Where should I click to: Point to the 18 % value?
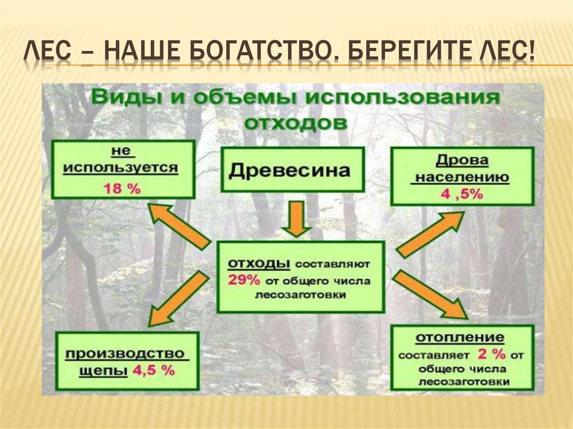(122, 188)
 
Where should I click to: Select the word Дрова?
(462, 161)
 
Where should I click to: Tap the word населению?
(462, 178)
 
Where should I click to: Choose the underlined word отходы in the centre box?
(258, 263)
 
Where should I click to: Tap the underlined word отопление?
(459, 338)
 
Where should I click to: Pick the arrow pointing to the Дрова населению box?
(431, 234)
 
